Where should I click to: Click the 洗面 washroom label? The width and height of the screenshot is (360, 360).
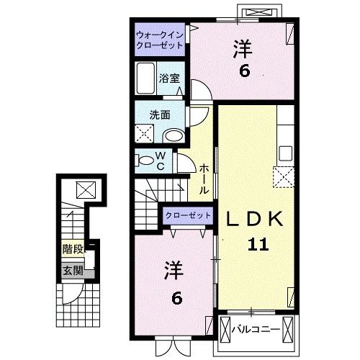click(159, 114)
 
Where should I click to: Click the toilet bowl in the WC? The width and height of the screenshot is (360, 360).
click(145, 161)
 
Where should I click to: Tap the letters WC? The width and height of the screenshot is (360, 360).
click(161, 161)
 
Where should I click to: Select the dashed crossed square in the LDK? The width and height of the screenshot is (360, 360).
click(283, 175)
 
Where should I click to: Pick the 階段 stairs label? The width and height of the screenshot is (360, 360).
click(72, 251)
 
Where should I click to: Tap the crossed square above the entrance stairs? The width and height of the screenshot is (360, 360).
click(85, 190)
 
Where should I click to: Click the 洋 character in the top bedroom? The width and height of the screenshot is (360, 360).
click(240, 48)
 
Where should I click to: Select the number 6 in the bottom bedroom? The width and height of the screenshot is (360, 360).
click(175, 296)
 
